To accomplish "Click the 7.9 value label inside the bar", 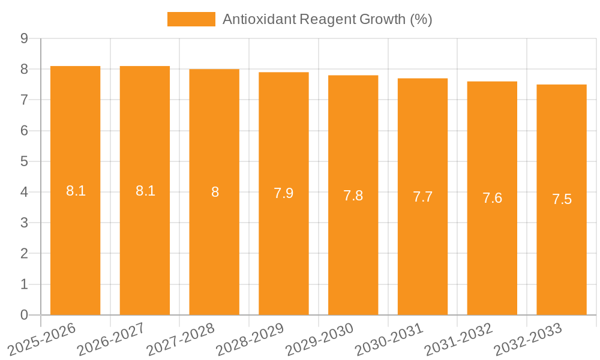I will [284, 194].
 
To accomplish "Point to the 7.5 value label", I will [562, 200].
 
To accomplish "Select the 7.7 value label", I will [422, 197].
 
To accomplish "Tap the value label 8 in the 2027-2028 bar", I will [214, 193].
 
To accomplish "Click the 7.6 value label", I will [492, 199].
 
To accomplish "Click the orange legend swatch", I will [191, 19].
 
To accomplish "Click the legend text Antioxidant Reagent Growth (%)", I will [327, 19].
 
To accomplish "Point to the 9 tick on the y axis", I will [24, 38].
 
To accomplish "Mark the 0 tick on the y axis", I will [24, 315].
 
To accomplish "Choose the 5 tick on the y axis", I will [24, 161].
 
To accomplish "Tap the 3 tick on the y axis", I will [24, 223].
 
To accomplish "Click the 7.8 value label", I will [353, 196].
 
